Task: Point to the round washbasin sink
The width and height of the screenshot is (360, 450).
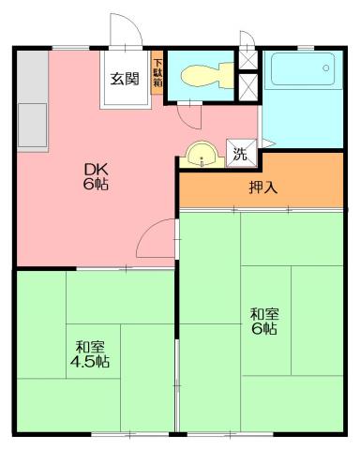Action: point(199,154)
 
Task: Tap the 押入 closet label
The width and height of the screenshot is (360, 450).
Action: point(262,187)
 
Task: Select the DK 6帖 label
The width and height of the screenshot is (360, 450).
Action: point(95,176)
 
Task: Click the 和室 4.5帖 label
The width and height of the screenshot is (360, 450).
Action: point(91,353)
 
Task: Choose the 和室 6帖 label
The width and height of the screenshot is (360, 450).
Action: point(263,322)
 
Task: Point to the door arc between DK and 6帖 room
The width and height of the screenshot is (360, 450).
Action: point(154,240)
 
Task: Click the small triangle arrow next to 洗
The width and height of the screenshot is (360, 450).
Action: point(266,143)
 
